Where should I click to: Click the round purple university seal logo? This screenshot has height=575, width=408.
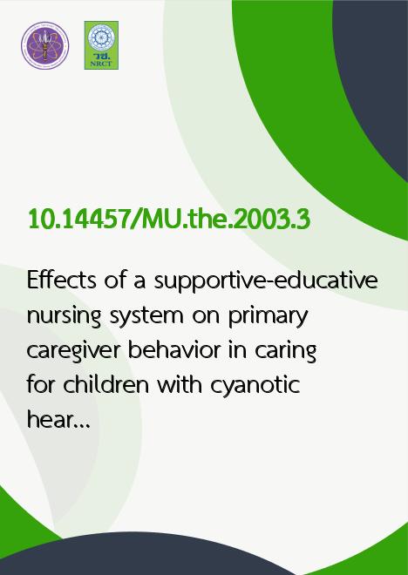[x=45, y=45]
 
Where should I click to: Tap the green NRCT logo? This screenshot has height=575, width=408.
[x=101, y=45]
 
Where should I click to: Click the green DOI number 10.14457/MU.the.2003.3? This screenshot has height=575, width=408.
[x=169, y=220]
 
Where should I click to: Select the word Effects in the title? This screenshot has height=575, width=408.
[x=62, y=280]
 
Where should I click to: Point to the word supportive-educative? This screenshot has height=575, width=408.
[x=266, y=281]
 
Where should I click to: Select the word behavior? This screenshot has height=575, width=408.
[x=173, y=349]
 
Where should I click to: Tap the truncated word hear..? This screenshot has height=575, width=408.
[x=58, y=419]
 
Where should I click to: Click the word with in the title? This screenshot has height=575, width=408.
[x=180, y=384]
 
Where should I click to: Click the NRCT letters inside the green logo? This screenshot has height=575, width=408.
[x=101, y=64]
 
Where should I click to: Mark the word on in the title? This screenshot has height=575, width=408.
[x=207, y=318]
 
